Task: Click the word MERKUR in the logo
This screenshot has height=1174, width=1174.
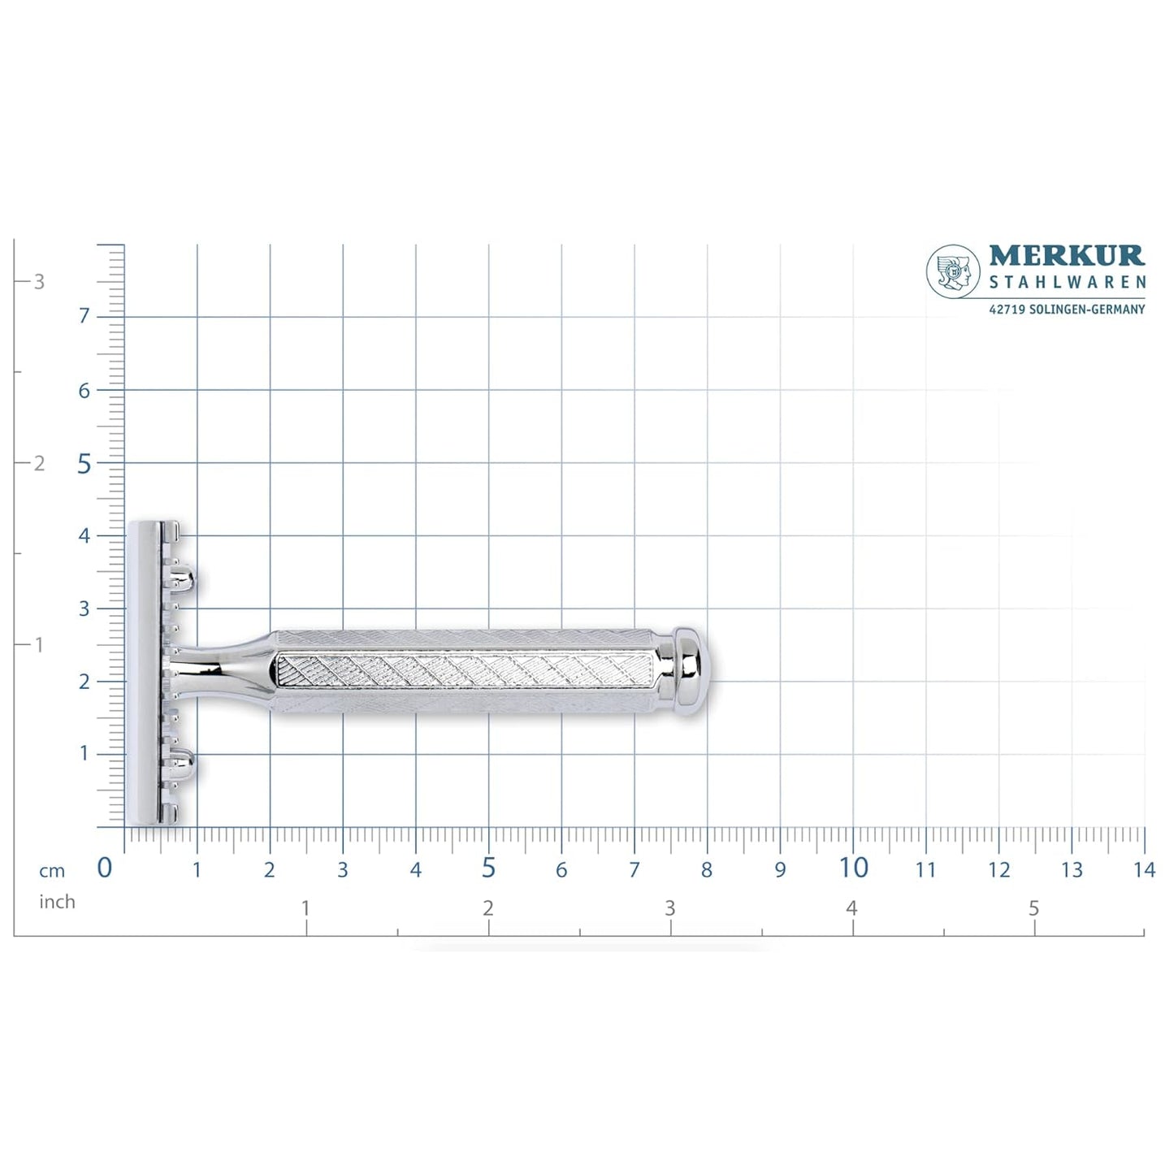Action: click(1066, 256)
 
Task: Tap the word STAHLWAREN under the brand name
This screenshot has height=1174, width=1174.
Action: click(1067, 283)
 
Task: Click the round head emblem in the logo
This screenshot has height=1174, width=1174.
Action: click(953, 271)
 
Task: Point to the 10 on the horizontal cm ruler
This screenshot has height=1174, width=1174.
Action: click(853, 868)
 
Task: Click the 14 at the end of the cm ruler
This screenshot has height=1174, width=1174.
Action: click(1144, 870)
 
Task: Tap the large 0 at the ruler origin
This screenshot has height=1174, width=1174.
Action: click(105, 868)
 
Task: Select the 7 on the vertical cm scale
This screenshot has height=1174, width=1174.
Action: click(84, 316)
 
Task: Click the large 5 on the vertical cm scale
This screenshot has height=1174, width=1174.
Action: click(84, 463)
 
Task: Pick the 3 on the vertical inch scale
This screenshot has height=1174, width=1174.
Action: click(39, 282)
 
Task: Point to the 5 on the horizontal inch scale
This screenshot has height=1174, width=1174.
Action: click(1033, 908)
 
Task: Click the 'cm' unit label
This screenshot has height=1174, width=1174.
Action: click(52, 871)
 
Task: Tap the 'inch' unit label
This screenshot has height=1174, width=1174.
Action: click(57, 902)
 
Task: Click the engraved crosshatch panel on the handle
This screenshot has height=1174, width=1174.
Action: click(463, 671)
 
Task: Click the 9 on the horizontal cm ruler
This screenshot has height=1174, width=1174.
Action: click(780, 870)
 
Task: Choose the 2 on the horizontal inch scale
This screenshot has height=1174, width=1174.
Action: click(487, 908)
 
